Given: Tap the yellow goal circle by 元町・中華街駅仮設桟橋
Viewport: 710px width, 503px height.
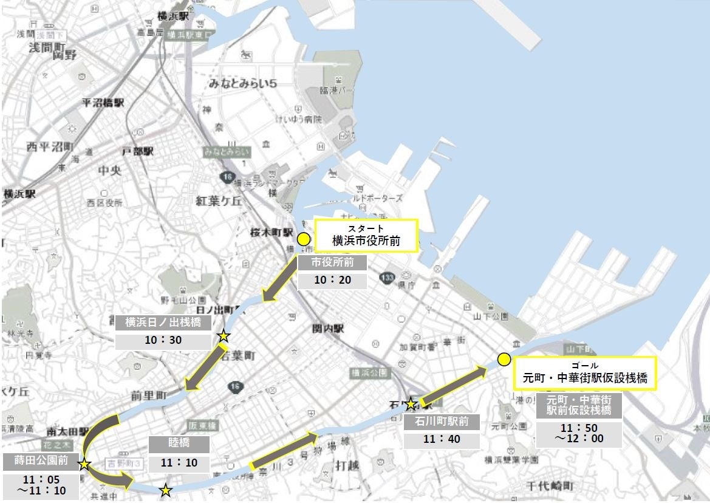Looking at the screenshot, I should (503, 359).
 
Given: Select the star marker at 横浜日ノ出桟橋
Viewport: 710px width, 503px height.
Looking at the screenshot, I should (224, 335).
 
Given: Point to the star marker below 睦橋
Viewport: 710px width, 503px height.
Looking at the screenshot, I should (165, 490).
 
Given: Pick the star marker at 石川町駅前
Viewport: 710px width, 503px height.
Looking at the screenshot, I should (411, 403).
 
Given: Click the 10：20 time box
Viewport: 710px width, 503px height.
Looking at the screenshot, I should (332, 281).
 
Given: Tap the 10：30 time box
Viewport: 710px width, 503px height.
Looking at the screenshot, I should (163, 340).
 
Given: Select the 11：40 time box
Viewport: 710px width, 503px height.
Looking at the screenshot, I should (442, 439).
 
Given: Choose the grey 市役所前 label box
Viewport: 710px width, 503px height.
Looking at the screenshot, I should (332, 263).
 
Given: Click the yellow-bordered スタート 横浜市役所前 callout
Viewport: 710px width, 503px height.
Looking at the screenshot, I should (366, 236).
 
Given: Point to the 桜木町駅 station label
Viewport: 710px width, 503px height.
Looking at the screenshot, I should (272, 233).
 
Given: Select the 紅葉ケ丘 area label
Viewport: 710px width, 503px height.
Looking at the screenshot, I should (219, 200).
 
